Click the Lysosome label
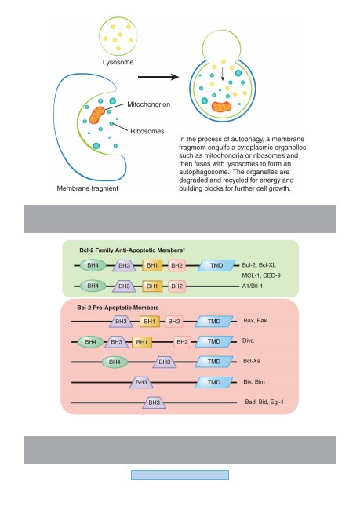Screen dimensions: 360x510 tap(118, 62)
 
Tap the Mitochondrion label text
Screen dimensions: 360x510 tap(148, 104)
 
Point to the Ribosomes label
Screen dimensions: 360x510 tap(147, 131)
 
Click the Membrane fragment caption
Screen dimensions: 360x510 tap(88, 188)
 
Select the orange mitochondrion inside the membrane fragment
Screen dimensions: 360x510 tap(97, 115)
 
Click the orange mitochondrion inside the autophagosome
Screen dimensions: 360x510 tap(221, 107)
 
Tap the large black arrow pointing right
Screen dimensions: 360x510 tap(158, 77)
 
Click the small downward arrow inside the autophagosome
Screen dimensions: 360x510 tap(223, 74)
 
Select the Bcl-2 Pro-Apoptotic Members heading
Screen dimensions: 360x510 tap(118, 308)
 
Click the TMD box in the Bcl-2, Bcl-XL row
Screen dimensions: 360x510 tap(216, 265)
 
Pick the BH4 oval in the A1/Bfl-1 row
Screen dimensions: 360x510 tap(93, 286)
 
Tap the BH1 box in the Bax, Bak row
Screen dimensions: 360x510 tap(150, 322)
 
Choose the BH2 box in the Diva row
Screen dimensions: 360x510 tap(182, 342)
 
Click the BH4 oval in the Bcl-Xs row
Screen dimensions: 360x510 tap(115, 362)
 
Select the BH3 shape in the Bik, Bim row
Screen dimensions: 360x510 tap(141, 382)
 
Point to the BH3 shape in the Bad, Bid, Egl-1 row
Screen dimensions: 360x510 tap(155, 403)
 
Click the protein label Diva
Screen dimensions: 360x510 tap(248, 341)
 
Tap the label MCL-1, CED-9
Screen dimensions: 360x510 tap(261, 275)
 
